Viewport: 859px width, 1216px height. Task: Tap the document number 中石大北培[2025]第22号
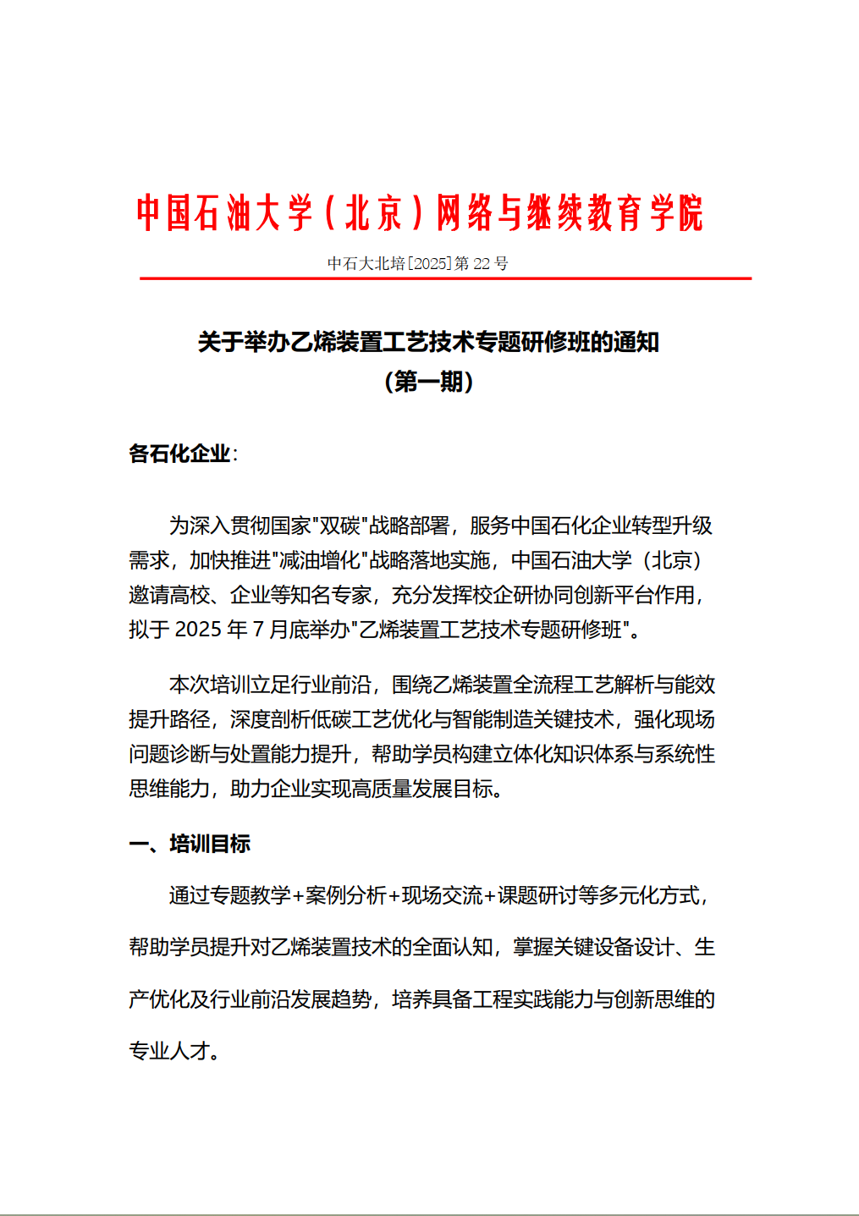pos(417,264)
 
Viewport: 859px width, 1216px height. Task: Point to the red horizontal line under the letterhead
pos(445,278)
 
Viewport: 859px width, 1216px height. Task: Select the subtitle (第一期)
pos(428,382)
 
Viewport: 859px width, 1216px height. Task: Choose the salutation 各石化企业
pos(179,454)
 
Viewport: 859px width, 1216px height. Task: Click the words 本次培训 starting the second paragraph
pos(209,685)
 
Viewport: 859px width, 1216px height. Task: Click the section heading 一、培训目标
pos(190,845)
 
